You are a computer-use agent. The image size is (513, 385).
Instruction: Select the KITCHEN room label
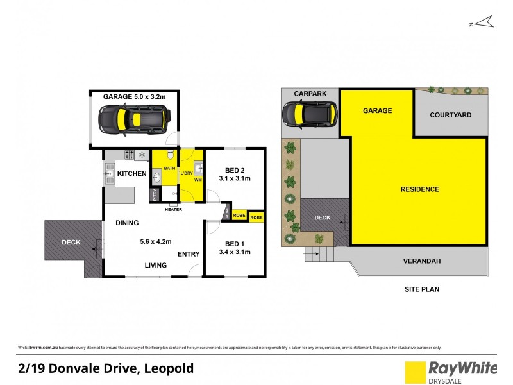pos(132,174)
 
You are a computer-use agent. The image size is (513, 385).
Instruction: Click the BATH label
pos(169,168)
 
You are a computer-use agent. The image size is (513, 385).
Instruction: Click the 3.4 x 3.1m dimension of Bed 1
pos(235,252)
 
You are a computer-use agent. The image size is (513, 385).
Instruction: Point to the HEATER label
pos(173,209)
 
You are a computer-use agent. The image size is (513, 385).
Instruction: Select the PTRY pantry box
pos(154,195)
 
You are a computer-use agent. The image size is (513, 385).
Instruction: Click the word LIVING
pos(155,265)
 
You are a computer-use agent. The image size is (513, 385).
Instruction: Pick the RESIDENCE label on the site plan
pos(420,189)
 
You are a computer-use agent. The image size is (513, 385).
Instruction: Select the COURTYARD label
pos(450,115)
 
